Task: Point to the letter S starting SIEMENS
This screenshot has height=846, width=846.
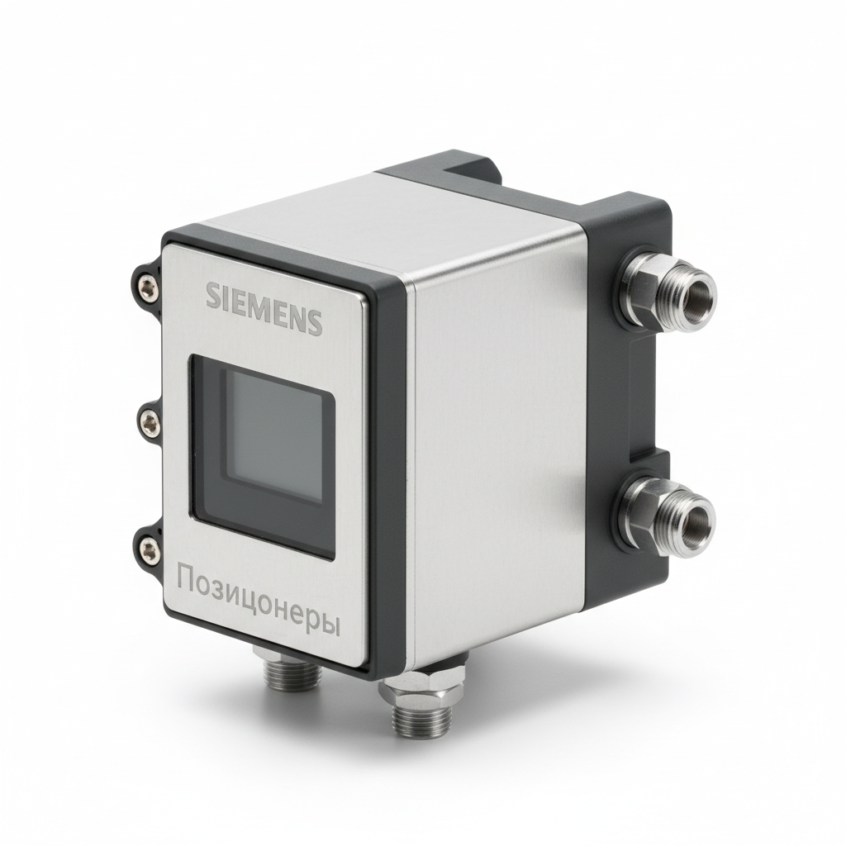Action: click(213, 295)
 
